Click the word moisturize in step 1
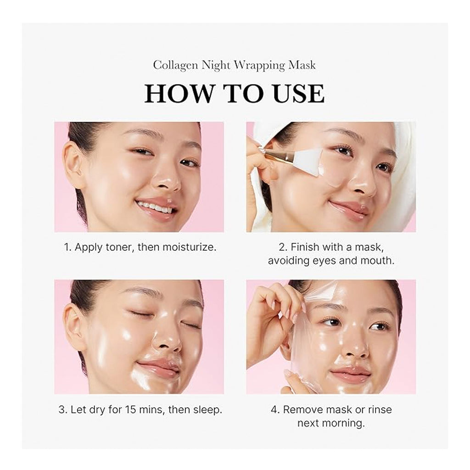[188, 247]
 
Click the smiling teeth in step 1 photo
[155, 207]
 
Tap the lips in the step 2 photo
[349, 208]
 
